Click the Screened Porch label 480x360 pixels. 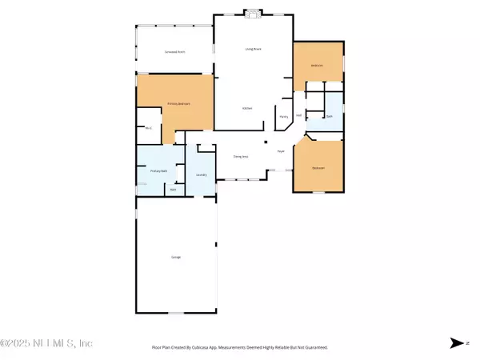coord(175,51)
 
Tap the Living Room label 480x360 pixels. coord(254,49)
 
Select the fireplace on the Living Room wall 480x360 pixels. coord(254,13)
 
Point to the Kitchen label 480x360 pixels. coord(248,108)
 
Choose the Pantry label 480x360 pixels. coord(283,116)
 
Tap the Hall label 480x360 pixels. coord(298,115)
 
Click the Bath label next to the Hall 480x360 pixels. coord(329,116)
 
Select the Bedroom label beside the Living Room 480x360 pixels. coord(318,66)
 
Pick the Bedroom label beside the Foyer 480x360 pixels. coord(318,167)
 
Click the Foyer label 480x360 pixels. coord(281,151)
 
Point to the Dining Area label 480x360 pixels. coord(238,157)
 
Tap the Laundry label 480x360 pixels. coord(202,174)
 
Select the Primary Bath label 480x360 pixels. coord(158,170)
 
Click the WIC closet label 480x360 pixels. coord(149,128)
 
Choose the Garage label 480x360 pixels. coord(175,257)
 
